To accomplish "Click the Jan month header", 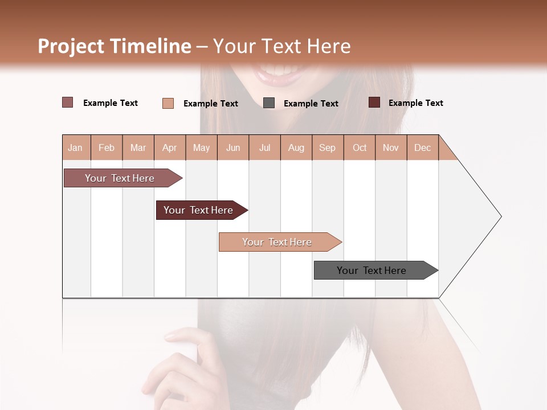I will point(75,147).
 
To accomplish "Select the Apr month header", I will point(169,147).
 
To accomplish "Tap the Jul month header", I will point(264,147).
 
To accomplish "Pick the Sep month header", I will point(327,147).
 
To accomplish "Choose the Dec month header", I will point(422,147).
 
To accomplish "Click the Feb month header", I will point(107,147).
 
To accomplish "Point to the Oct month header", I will point(360,147).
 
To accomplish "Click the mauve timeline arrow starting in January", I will point(120,178).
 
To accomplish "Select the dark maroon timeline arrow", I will point(198,210).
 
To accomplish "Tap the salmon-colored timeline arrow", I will point(277,242).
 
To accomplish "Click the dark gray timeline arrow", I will point(372,270).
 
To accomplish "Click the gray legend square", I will point(269,103).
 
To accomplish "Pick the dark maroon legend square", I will point(374,102).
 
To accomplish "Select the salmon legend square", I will point(168,103).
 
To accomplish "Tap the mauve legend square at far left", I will point(68,102).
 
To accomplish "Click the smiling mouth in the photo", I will point(282,74).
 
